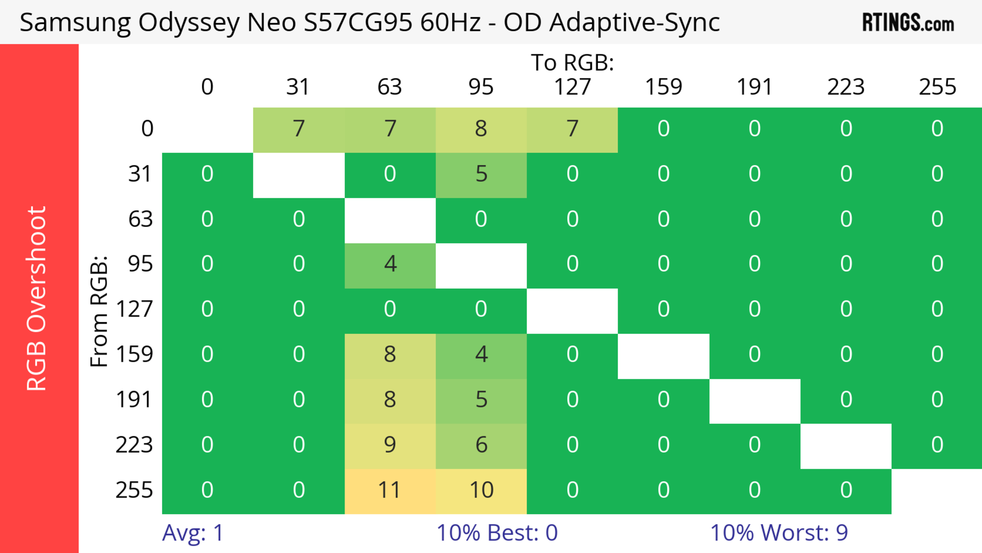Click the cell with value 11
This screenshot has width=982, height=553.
(x=389, y=490)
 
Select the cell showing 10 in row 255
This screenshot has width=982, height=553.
(x=481, y=490)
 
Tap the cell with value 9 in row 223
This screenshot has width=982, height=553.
(x=389, y=445)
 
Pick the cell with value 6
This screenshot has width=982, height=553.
(x=481, y=445)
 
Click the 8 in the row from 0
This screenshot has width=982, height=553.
(x=481, y=129)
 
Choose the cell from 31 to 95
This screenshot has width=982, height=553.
(x=481, y=174)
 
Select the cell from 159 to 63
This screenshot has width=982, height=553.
(x=389, y=355)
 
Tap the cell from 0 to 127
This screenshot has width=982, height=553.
(x=572, y=129)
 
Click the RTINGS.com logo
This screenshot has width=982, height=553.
(x=908, y=23)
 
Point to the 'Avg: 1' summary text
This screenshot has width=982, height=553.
(x=193, y=533)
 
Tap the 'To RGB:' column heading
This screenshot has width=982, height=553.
(x=572, y=62)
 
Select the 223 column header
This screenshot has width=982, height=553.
(x=846, y=87)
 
